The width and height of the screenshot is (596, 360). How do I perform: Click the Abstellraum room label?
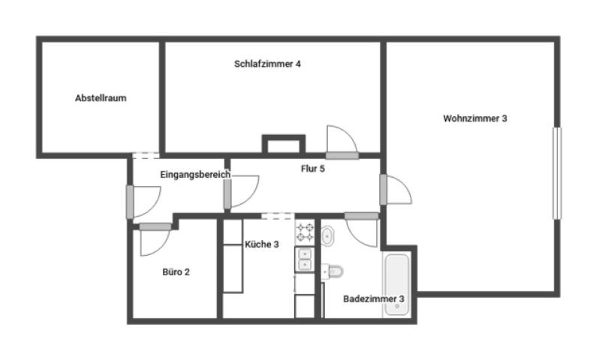pyautogui.click(x=101, y=98)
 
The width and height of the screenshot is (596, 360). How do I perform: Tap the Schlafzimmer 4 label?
pyautogui.click(x=267, y=64)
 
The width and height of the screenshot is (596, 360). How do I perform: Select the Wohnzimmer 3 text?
pyautogui.click(x=474, y=118)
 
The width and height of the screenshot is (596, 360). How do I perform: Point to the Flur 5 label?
pyautogui.click(x=313, y=169)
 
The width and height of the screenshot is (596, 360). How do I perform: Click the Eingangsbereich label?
pyautogui.click(x=195, y=175)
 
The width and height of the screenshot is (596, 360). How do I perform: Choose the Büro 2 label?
pyautogui.click(x=176, y=272)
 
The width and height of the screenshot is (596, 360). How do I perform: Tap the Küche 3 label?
pyautogui.click(x=261, y=244)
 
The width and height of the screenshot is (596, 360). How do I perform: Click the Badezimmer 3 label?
pyautogui.click(x=374, y=298)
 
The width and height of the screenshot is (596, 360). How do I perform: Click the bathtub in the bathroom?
pyautogui.click(x=397, y=284)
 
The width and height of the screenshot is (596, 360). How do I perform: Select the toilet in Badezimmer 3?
pyautogui.click(x=333, y=271)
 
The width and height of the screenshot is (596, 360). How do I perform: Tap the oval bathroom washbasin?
pyautogui.click(x=327, y=236)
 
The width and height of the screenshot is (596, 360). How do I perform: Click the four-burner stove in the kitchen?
pyautogui.click(x=305, y=232)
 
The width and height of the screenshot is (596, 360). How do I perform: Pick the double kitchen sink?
pyautogui.click(x=305, y=259)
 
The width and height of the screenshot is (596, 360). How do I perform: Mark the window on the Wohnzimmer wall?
pyautogui.click(x=557, y=173)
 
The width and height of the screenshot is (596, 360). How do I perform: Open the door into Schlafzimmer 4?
pyautogui.click(x=342, y=142)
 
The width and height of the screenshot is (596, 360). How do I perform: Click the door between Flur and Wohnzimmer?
pyautogui.click(x=396, y=190)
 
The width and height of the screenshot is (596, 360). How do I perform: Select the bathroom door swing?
pyautogui.click(x=362, y=230)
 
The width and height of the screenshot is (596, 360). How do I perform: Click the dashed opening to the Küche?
pyautogui.click(x=278, y=216)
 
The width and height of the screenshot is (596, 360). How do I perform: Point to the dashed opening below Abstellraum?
pyautogui.click(x=146, y=155)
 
